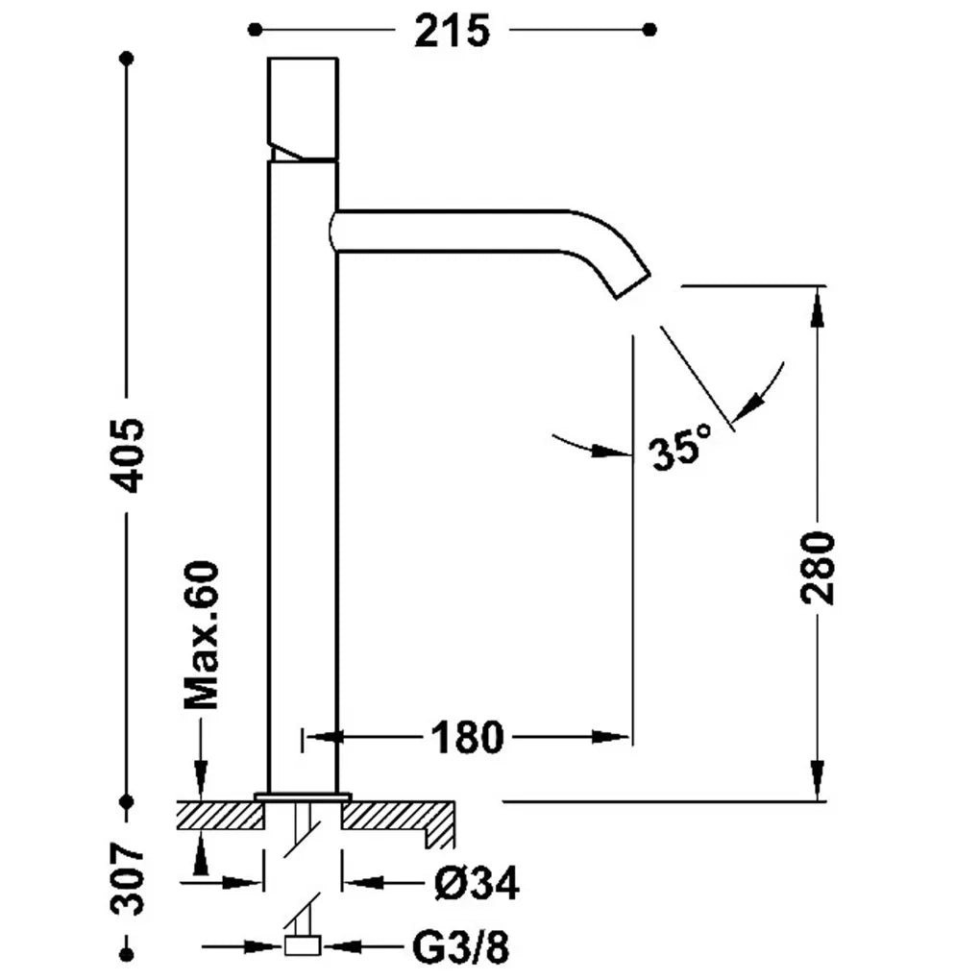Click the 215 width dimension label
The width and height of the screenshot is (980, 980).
tap(452, 31)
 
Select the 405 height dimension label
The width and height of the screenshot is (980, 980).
tap(128, 454)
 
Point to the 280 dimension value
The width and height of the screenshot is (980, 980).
tap(818, 568)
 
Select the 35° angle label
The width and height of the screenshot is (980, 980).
tap(680, 446)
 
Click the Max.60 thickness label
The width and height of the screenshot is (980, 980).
tap(202, 635)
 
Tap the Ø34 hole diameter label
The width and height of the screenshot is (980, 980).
tap(477, 883)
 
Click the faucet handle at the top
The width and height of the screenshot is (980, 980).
tap(303, 109)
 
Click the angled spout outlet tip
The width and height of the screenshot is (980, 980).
tap(634, 286)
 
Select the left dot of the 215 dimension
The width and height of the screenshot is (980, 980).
tap(255, 30)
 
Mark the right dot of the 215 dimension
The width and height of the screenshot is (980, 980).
tap(650, 30)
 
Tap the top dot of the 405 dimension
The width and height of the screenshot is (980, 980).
tap(127, 59)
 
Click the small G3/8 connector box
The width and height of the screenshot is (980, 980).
tap(303, 945)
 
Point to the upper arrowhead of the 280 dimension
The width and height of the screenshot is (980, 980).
tap(817, 308)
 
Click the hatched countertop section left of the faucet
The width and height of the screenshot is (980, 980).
tap(220, 817)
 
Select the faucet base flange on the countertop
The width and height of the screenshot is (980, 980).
tap(303, 796)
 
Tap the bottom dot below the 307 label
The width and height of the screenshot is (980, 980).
tap(127, 954)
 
